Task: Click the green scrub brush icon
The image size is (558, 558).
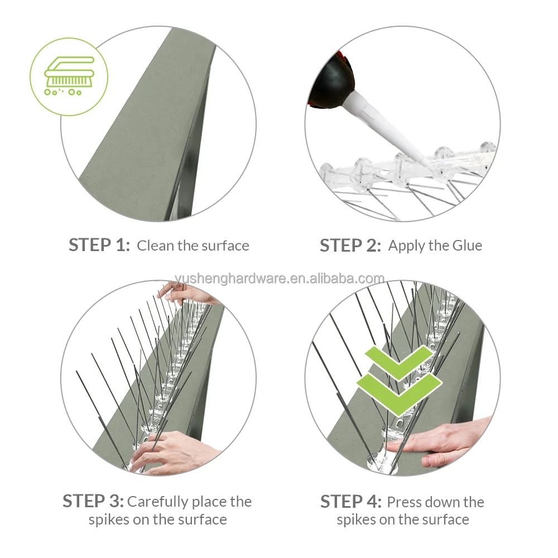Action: (x=68, y=76)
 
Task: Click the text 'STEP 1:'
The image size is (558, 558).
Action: (x=99, y=245)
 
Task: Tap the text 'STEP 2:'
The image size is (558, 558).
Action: (x=350, y=246)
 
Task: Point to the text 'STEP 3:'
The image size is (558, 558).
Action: (x=93, y=501)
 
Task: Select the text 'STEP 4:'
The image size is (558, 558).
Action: (x=350, y=502)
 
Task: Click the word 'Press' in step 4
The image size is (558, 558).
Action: (x=404, y=502)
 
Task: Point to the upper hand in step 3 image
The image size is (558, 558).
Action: (x=184, y=293)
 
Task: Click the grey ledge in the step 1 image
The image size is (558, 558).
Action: (x=145, y=128)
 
